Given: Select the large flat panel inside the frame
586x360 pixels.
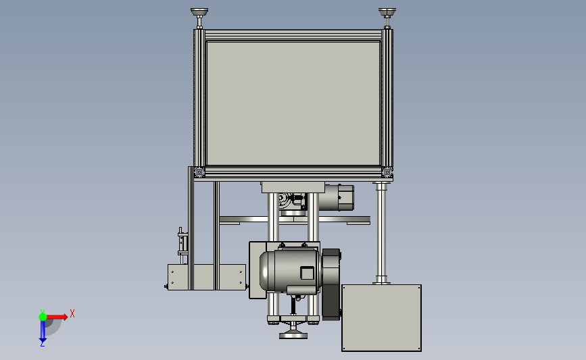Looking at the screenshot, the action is point(293,103).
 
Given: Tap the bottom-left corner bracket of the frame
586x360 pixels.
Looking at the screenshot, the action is point(199,172).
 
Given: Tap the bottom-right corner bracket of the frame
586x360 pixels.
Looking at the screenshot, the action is point(387,172).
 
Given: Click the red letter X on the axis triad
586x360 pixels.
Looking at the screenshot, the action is point(72,313).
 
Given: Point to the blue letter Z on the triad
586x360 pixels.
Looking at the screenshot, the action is point(42,344).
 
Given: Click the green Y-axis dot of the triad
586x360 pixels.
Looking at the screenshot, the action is point(43,317).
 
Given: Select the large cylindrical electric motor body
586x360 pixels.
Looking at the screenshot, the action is point(290,269).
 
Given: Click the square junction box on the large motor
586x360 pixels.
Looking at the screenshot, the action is point(308,273).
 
